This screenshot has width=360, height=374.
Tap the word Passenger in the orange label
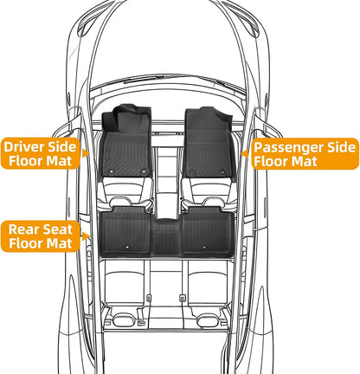(x=289, y=148)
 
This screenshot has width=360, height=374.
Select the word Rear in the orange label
(x=22, y=229)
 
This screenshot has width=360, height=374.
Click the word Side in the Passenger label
(x=342, y=147)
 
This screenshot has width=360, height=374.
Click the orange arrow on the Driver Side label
(x=85, y=153)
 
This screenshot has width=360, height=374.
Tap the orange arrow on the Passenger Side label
(x=245, y=154)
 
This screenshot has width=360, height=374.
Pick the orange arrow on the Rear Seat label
(x=86, y=236)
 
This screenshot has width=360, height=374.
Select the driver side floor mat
(x=125, y=141)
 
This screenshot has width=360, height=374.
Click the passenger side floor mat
(x=209, y=142)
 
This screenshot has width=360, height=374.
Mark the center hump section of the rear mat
(x=166, y=237)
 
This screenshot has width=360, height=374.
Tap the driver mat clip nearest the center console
(x=144, y=172)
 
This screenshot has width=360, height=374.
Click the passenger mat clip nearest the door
(x=222, y=172)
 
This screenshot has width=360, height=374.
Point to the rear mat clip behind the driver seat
(x=127, y=247)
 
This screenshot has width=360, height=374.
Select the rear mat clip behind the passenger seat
(x=204, y=247)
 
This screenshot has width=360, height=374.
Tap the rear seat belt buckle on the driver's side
(x=149, y=298)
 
